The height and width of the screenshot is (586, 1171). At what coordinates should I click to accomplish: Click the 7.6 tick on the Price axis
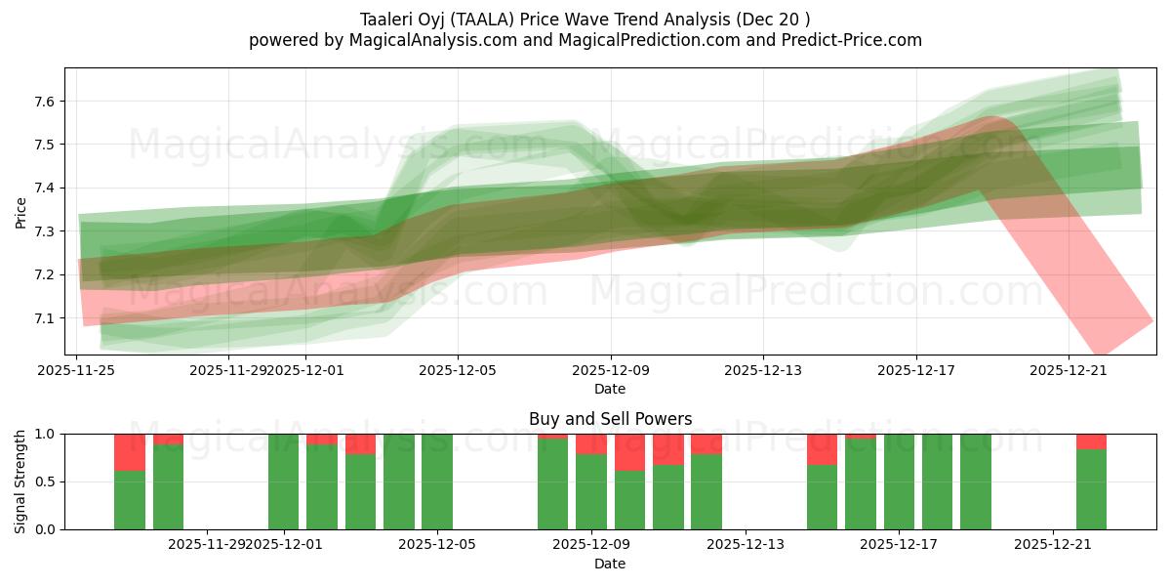[47, 102]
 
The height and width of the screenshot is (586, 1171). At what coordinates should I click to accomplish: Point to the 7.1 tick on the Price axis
[47, 318]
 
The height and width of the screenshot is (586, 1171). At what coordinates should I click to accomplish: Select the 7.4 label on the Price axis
[47, 188]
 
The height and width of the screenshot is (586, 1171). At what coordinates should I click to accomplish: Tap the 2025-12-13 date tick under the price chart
[762, 370]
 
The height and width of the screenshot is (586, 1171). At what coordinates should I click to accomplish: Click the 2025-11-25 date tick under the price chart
[77, 370]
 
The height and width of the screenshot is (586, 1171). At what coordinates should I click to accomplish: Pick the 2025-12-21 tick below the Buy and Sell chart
[1053, 544]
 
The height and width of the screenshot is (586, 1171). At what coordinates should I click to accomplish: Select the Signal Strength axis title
[20, 481]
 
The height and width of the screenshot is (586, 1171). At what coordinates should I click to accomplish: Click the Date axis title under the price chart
[610, 389]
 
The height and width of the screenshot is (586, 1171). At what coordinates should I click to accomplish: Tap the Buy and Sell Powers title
[610, 419]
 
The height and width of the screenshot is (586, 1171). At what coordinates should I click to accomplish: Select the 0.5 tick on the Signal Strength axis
[47, 481]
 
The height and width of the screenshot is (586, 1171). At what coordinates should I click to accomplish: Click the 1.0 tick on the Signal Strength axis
[47, 434]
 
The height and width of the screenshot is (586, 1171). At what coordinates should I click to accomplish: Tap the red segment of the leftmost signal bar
[130, 452]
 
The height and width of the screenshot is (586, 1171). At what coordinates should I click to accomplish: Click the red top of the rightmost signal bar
[1091, 441]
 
